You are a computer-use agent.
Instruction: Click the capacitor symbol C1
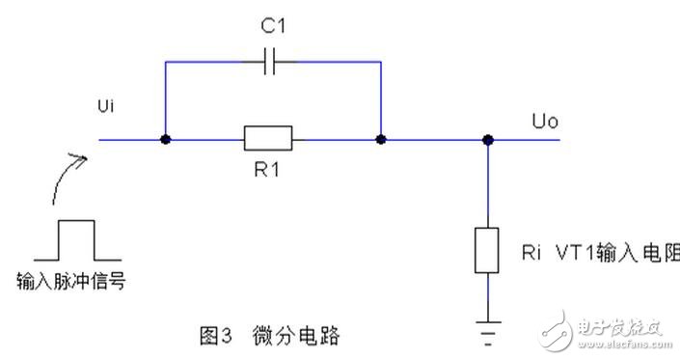(x=273, y=63)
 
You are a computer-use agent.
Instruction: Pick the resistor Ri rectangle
(x=489, y=251)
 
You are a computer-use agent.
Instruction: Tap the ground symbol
(x=489, y=333)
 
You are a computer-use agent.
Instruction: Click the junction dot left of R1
(x=166, y=140)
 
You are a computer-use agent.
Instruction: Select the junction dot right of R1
(x=382, y=140)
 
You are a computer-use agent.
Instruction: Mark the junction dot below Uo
(x=489, y=140)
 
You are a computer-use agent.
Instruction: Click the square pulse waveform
(x=77, y=240)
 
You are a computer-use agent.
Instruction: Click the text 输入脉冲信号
(x=71, y=281)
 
